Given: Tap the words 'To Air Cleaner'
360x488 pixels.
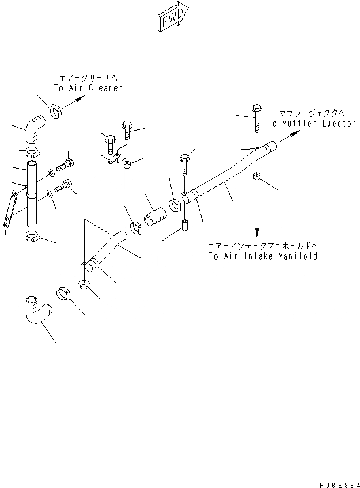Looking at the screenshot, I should click(88, 88).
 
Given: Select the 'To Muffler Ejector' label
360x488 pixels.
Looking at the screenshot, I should click(312, 124).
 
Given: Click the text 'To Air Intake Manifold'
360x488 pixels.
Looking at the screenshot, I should click(263, 256).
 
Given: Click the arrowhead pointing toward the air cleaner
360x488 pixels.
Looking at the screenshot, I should click(81, 98).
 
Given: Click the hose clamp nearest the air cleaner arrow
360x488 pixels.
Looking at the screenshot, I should click(57, 109).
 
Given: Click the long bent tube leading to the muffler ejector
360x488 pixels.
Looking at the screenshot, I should click(230, 173).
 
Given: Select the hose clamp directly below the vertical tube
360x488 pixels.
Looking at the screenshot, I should click(33, 236).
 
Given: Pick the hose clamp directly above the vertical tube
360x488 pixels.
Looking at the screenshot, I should click(33, 152).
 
